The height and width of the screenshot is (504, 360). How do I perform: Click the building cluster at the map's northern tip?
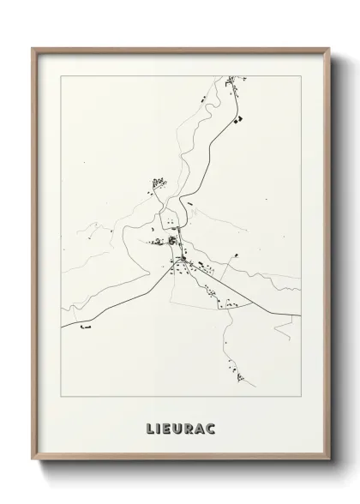click(232, 85)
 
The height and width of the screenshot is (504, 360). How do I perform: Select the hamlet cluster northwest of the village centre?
click(158, 183)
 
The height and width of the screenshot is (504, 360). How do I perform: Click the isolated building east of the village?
click(234, 255)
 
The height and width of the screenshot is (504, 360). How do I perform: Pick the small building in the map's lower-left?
click(83, 326)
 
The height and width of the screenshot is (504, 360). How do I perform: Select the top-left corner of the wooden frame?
click(33, 49)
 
